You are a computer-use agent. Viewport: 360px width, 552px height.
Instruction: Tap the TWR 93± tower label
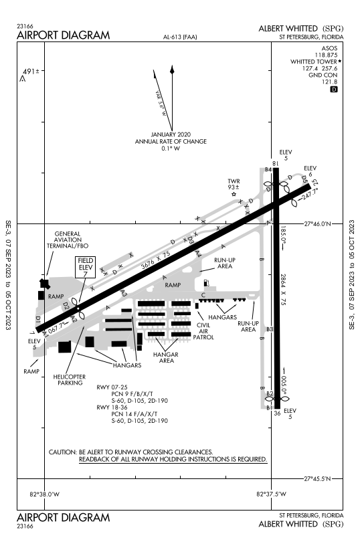[234, 184]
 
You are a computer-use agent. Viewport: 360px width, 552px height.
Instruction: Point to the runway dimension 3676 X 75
[155, 254]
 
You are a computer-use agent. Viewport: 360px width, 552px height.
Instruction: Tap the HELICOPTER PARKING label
[69, 380]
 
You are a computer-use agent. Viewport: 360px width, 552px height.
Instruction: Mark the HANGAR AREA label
[165, 357]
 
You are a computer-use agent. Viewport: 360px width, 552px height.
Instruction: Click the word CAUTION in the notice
[63, 452]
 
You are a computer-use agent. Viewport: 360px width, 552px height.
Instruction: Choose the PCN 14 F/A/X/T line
[139, 413]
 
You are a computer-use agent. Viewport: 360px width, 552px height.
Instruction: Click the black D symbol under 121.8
[335, 89]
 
